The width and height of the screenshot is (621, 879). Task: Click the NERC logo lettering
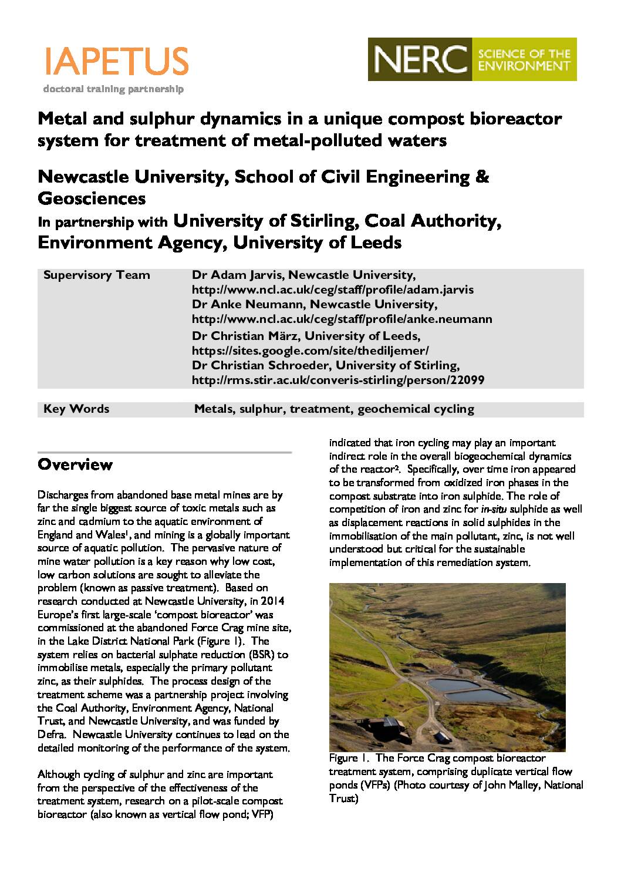click(x=419, y=59)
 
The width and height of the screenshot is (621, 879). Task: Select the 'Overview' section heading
click(x=75, y=465)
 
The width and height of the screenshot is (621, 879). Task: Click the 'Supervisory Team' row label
click(x=97, y=275)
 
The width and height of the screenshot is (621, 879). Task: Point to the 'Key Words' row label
click(x=76, y=409)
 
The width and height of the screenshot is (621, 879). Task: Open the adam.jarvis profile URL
click(x=333, y=290)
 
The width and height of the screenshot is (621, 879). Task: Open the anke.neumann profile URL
click(x=342, y=319)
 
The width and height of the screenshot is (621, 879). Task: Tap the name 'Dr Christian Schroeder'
click(x=258, y=365)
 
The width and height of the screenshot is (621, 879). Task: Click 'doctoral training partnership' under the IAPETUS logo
click(x=113, y=89)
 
